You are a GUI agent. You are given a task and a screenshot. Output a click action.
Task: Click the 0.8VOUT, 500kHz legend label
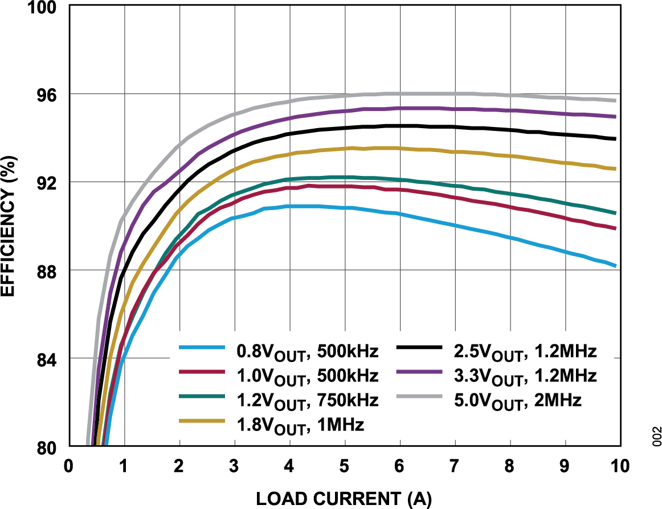(x=307, y=352)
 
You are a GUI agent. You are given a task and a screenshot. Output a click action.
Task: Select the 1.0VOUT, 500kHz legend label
(x=307, y=376)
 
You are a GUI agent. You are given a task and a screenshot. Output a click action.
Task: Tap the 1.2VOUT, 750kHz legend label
(x=307, y=400)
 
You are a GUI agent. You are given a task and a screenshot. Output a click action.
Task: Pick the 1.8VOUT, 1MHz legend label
(x=300, y=425)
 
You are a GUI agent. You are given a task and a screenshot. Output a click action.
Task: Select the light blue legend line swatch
(x=200, y=347)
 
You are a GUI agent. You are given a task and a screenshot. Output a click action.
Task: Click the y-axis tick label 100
(x=43, y=7)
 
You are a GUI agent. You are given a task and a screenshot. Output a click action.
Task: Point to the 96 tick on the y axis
(x=47, y=95)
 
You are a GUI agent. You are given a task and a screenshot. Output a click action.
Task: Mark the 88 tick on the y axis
(x=47, y=270)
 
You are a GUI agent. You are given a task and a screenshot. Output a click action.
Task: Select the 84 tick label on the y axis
(x=47, y=359)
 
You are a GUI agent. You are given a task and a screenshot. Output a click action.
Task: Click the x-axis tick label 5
(x=344, y=466)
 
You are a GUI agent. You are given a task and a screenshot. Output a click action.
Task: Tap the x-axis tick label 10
(x=619, y=466)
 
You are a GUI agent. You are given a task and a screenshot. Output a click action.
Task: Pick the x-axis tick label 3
(x=234, y=466)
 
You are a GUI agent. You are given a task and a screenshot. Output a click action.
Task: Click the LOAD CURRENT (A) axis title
(x=344, y=498)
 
